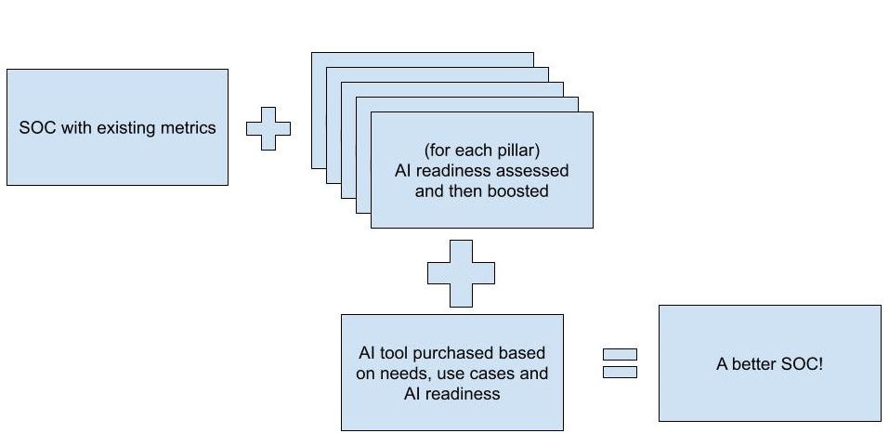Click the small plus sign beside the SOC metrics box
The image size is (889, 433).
point(268,128)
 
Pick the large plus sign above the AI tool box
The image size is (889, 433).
point(461,273)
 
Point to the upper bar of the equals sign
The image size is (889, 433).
point(620,354)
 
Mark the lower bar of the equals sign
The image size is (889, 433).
point(620,372)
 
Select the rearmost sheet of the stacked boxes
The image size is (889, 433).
point(423,59)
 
